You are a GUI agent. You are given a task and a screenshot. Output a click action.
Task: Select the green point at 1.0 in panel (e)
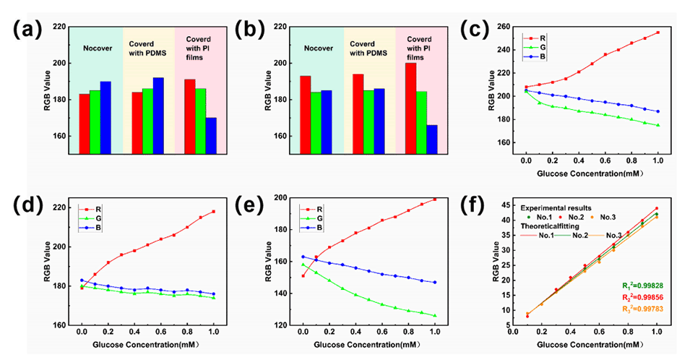pyautogui.click(x=434, y=315)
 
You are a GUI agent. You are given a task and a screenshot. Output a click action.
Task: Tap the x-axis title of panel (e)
pyautogui.click(x=367, y=344)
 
